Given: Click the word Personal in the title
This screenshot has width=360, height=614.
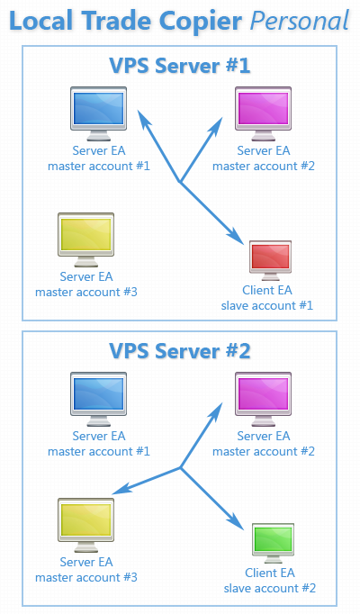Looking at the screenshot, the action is click(300, 21).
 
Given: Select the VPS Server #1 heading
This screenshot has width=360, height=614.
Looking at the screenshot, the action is click(180, 66).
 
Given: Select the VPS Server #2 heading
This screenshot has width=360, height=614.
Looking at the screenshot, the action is click(180, 350).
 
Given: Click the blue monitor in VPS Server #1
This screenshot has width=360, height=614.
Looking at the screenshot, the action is click(99, 113).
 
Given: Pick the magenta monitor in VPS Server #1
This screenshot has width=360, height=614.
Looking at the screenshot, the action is click(263, 113).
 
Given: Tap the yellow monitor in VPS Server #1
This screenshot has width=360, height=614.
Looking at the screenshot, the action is click(86, 239).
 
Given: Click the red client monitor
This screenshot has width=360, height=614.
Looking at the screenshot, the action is click(270, 260).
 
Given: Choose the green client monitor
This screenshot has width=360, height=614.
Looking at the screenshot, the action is click(273, 543).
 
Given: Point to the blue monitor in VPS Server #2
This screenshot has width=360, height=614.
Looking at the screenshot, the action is click(99, 399).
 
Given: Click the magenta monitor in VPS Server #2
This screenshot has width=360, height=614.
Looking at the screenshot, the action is click(263, 399).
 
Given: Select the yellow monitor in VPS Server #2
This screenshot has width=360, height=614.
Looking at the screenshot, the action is click(86, 525).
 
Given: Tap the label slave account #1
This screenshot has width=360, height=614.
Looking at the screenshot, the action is click(267, 305).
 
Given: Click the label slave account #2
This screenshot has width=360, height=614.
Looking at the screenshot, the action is click(270, 588).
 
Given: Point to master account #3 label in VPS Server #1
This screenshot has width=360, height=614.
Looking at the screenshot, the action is click(86, 292).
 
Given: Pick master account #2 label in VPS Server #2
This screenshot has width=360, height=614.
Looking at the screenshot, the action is click(264, 451).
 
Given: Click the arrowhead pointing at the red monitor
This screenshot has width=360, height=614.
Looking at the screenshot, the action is click(235, 236).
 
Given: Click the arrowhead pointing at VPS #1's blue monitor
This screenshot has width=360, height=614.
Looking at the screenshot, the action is click(144, 118).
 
